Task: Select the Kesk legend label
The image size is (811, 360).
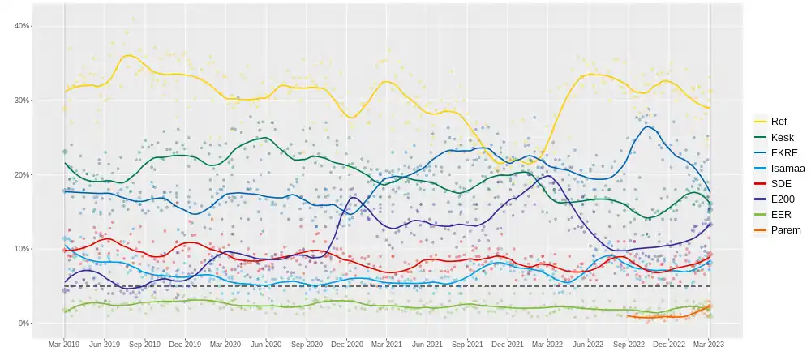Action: pos(782,137)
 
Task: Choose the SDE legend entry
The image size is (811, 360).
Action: pos(781,184)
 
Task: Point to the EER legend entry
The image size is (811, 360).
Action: pos(781,215)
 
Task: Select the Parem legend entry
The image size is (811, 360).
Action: pos(785,230)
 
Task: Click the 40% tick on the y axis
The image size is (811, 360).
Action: pos(22,26)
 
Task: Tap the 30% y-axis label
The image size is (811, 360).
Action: pos(22,101)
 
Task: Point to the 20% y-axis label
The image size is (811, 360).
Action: pos(22,175)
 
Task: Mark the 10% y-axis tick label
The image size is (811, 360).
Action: pos(22,249)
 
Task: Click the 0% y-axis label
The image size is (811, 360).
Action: pos(24,324)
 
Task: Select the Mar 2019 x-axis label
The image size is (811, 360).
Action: pos(64,344)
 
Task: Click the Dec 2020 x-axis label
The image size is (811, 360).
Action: pos(347,344)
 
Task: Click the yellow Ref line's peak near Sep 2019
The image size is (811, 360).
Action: pos(128,55)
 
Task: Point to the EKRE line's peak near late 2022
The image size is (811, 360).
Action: pos(648,126)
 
